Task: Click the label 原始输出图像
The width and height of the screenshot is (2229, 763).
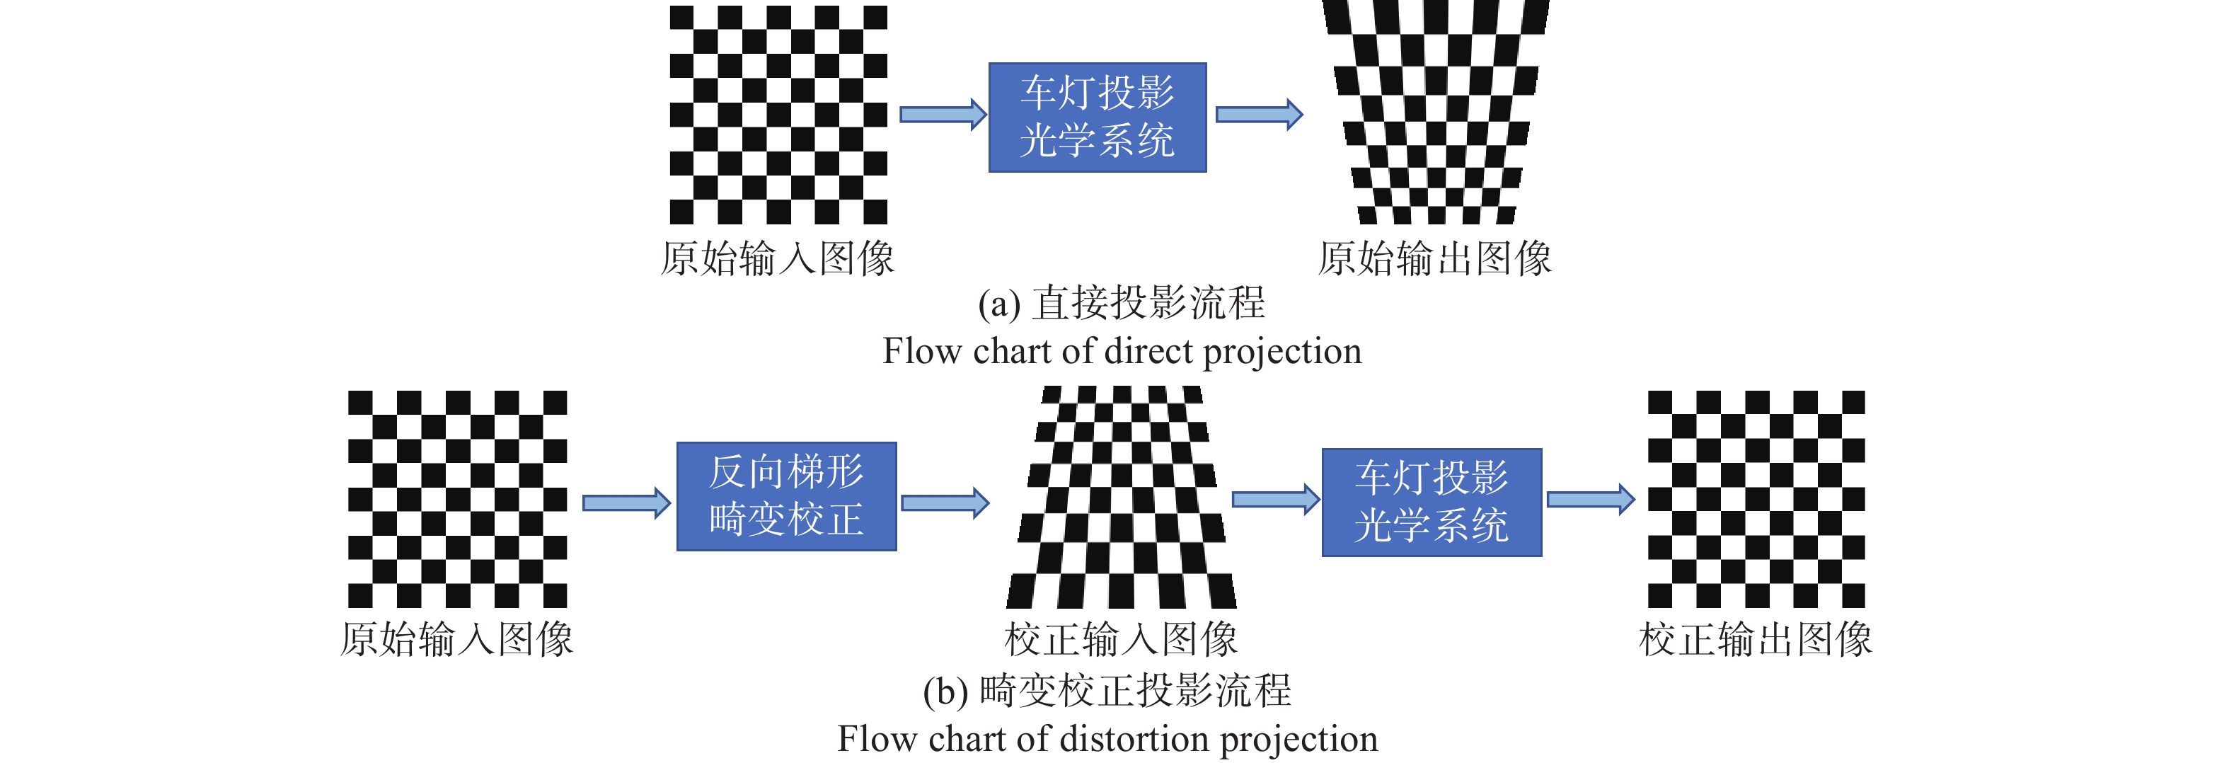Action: point(1434,258)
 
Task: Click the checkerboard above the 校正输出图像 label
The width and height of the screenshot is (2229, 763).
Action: point(1756,499)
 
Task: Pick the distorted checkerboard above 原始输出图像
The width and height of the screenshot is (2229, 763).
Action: point(1436,113)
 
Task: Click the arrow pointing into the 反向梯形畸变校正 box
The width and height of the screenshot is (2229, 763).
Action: point(626,503)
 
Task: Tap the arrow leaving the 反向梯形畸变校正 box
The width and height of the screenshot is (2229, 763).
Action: point(944,503)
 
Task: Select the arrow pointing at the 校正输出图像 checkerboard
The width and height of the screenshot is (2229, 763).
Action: point(1589,499)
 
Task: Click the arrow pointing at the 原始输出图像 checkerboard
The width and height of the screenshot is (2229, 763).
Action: point(1258,114)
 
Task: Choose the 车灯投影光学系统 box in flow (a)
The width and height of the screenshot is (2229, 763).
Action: point(1098,117)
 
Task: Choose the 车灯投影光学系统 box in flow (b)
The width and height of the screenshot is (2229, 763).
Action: point(1432,502)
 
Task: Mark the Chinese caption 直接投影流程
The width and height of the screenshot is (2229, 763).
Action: point(1149,303)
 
